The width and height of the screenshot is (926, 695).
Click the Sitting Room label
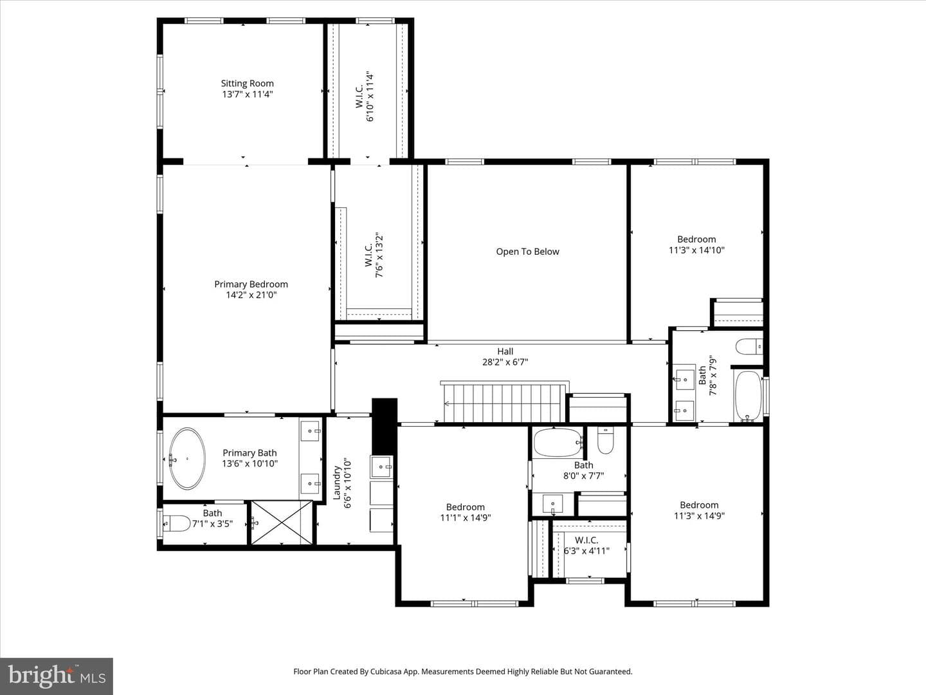[247, 84]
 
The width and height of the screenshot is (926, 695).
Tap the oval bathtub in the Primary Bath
[187, 459]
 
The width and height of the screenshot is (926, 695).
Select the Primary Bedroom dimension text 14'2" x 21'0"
[251, 295]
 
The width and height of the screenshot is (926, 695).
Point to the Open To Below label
[527, 252]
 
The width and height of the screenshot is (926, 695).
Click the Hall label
[505, 351]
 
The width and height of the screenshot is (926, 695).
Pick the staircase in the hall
[505, 402]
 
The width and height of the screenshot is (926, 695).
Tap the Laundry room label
[337, 483]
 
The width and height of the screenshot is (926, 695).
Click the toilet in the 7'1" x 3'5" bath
[177, 524]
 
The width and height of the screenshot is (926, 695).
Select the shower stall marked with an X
[282, 523]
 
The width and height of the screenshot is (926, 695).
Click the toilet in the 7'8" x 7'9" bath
[749, 347]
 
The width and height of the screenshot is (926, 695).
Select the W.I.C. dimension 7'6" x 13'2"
[379, 254]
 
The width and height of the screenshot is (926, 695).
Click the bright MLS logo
[57, 676]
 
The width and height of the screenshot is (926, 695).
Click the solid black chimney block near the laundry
[385, 426]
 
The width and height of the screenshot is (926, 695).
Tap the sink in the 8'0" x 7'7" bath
[553, 504]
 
